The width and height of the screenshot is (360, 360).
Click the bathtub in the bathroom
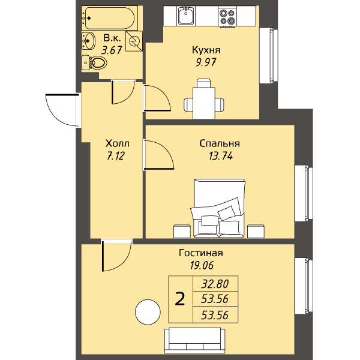pos(110,18)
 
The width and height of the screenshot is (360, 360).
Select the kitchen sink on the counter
pos(186,16)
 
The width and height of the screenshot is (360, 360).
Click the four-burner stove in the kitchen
pos(227,17)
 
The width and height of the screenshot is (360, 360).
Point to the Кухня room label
pos(206,50)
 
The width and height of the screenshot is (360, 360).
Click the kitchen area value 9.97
pos(206,62)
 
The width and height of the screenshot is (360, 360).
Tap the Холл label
pos(117,143)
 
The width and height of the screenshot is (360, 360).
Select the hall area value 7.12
pos(116,156)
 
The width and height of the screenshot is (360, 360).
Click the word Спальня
pos(220,143)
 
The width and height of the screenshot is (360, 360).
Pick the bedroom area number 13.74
pos(221,156)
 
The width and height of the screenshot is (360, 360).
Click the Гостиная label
pos(200,253)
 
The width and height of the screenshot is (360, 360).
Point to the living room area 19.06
pos(202,265)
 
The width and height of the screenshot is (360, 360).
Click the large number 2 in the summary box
pos(180,299)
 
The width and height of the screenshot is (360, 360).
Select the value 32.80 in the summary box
pos(215,284)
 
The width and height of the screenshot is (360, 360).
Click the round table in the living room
pos(148,312)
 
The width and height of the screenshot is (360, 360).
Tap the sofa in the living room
pos(194,340)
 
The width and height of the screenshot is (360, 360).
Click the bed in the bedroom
pos(219,208)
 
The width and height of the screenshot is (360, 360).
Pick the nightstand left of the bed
pos(182,231)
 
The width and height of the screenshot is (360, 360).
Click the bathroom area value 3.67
pos(112,50)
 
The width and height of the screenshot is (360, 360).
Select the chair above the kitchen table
pos(204,83)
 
